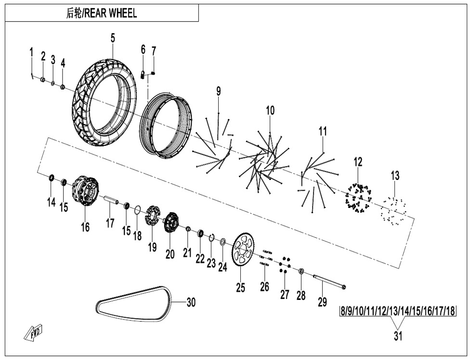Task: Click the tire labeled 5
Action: pyautogui.click(x=104, y=102)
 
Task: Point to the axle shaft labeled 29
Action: pyautogui.click(x=329, y=281)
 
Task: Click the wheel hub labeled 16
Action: pyautogui.click(x=86, y=191)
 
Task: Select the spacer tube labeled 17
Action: pyautogui.click(x=111, y=200)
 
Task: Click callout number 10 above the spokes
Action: pyautogui.click(x=270, y=111)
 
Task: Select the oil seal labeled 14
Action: pyautogui.click(x=52, y=178)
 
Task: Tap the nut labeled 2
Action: pyautogui.click(x=43, y=79)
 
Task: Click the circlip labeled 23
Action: pyautogui.click(x=211, y=238)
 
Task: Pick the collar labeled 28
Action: pyautogui.click(x=302, y=271)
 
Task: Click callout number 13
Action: pyautogui.click(x=395, y=175)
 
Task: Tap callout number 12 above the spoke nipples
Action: pyautogui.click(x=358, y=162)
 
